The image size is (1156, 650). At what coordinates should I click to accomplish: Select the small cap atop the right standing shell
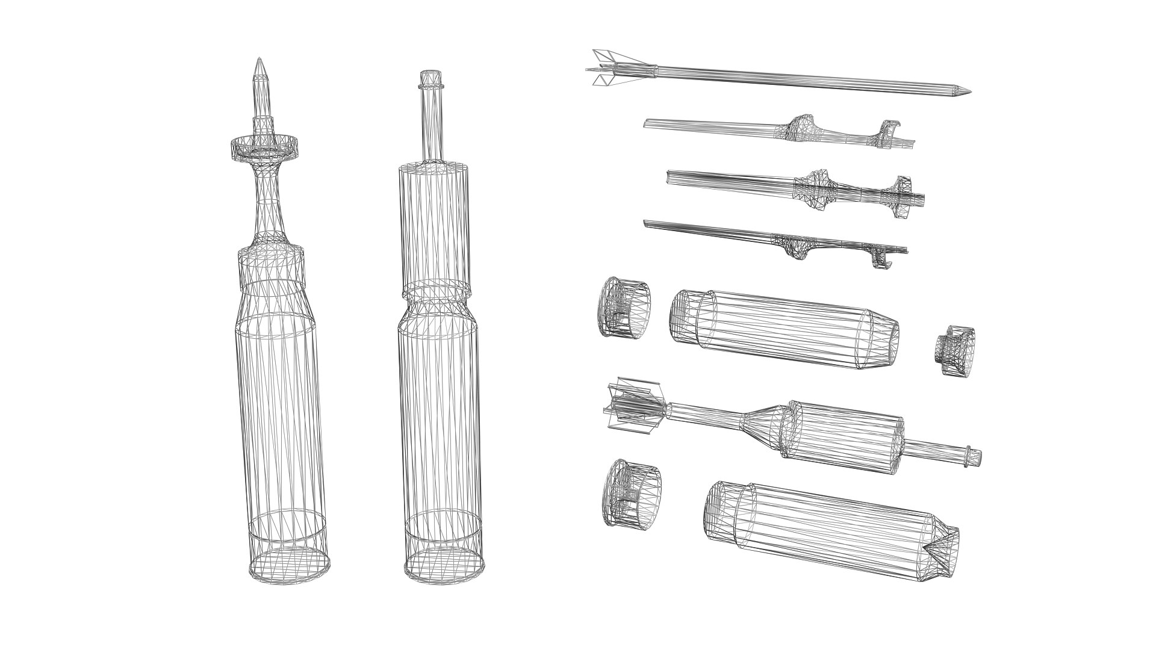tap(430, 79)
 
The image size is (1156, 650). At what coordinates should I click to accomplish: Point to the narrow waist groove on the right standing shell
tap(435, 292)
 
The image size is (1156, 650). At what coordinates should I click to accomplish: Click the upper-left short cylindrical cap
tap(624, 308)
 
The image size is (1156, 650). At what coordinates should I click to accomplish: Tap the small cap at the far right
tap(955, 350)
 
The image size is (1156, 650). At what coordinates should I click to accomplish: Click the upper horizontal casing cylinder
tap(783, 329)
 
